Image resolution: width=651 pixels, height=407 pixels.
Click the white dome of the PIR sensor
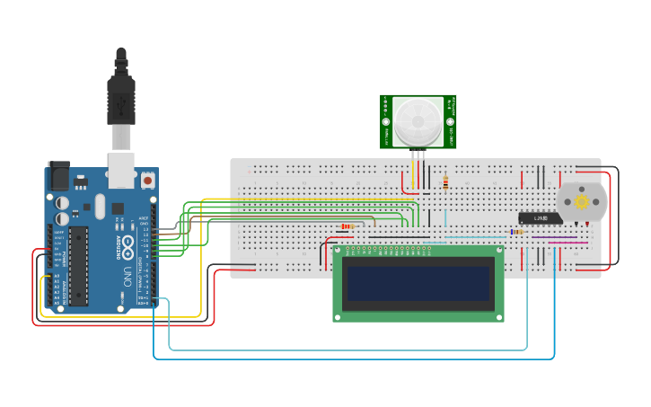coord(418,120)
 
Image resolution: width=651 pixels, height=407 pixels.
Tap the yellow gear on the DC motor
coord(582,202)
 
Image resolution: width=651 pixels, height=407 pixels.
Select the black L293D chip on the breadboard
coord(541,217)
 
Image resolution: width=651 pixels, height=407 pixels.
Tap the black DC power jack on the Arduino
coord(58,175)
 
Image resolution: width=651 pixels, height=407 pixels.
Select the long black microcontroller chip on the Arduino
coord(78,266)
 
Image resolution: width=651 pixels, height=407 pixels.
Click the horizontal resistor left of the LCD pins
coord(347,226)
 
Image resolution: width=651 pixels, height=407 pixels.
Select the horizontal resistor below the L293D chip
coord(516,232)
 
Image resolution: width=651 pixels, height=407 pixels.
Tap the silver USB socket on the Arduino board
coord(120,169)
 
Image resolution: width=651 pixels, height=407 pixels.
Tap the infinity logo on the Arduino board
coord(128,243)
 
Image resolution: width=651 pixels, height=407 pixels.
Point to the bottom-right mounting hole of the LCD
coord(498,315)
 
